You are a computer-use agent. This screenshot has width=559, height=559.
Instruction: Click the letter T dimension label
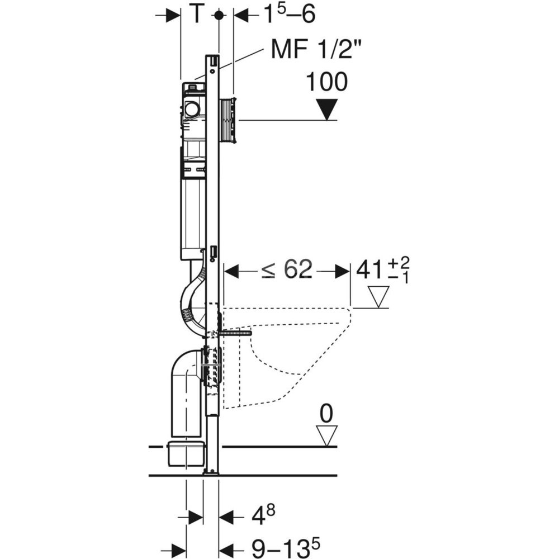pos(196,15)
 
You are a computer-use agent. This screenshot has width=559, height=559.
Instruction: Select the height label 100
pos(326,82)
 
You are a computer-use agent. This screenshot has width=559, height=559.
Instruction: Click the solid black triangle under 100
pos(327,110)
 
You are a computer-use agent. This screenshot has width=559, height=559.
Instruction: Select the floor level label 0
pos(326,414)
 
